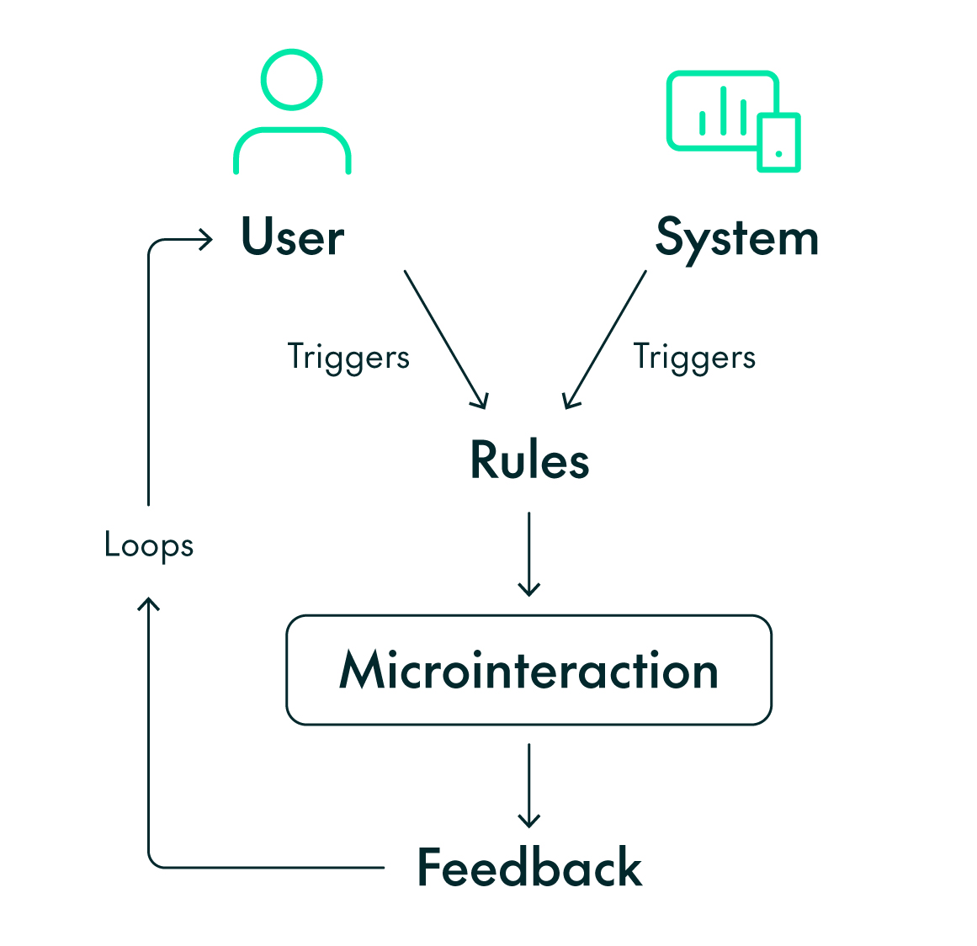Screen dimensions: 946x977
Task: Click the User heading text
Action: (292, 237)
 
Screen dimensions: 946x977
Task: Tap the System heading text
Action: (736, 238)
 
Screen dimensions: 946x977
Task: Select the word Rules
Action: (529, 460)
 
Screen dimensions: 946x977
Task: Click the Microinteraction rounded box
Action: (528, 670)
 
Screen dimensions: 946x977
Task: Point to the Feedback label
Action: (529, 868)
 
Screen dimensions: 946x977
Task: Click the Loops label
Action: (149, 545)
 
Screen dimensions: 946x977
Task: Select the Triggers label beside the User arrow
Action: (348, 357)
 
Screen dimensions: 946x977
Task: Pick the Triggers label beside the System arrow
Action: (694, 357)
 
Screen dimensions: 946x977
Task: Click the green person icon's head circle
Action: (291, 80)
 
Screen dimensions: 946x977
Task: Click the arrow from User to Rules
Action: (445, 338)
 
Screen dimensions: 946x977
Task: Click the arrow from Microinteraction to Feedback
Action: (528, 784)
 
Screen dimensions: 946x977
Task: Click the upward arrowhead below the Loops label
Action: (149, 603)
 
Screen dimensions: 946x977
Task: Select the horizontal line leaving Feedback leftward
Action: (269, 867)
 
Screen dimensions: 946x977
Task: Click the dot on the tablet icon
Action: (778, 154)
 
